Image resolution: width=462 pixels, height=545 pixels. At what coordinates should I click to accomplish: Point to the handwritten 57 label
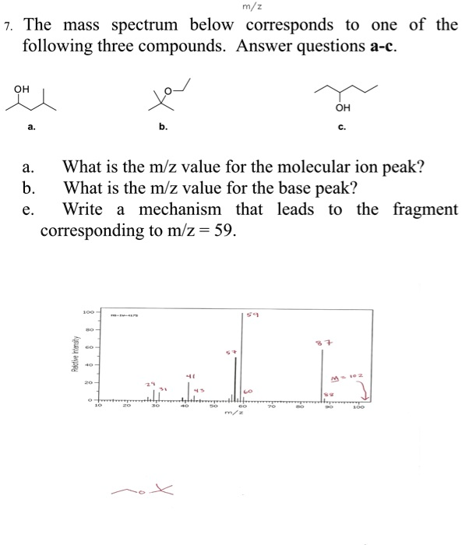[230, 353]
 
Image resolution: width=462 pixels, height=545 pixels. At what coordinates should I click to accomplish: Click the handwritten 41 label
[188, 374]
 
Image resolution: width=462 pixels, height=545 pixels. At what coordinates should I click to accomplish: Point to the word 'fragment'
[426, 210]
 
